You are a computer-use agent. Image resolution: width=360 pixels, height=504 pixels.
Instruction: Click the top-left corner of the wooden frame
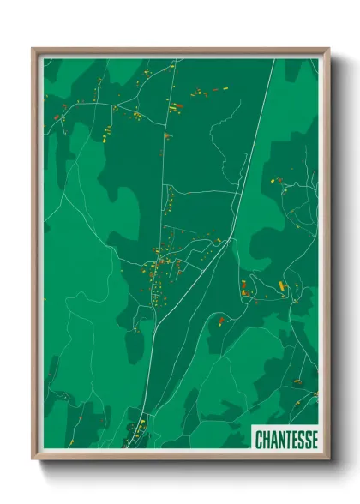point(33,49)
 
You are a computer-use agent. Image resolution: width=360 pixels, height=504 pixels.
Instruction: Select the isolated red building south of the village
point(220,321)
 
